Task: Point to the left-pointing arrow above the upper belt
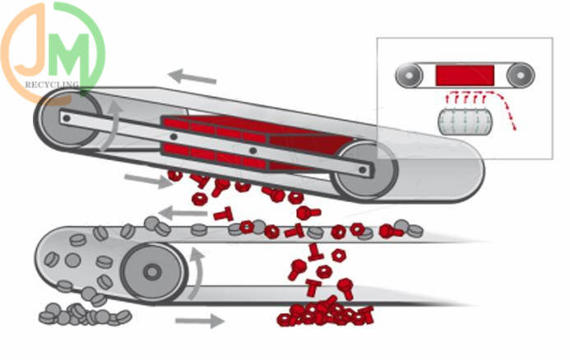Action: pos(193,77)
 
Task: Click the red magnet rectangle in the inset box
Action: pos(464,75)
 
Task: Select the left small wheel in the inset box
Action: pos(409,76)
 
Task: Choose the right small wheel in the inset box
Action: pos(520,76)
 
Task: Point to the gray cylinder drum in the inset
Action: pos(465,123)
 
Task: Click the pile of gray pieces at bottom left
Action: pos(82,313)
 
